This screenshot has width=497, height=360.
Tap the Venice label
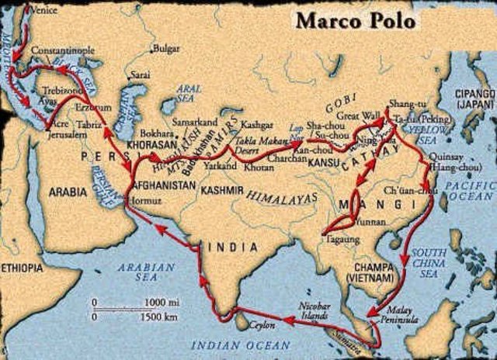[x=43, y=10]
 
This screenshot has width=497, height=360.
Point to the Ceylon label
[x=265, y=326]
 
